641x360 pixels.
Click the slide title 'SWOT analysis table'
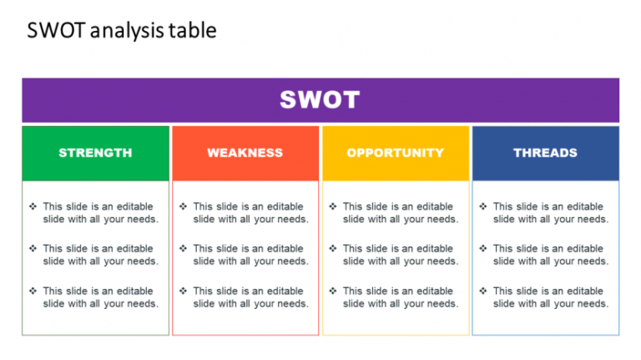[x=122, y=31]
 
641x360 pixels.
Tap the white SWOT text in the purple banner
[x=320, y=100]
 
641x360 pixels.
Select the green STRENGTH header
[x=95, y=153]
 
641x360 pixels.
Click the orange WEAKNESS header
[x=245, y=153]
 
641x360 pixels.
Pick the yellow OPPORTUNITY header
[x=396, y=153]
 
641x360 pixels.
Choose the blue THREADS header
[x=545, y=153]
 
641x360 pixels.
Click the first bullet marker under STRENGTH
[x=33, y=206]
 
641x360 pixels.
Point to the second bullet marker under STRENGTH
[x=33, y=248]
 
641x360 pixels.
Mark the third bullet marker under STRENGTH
[x=33, y=291]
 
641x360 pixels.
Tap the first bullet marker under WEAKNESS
[x=183, y=206]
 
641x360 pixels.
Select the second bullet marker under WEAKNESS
[x=183, y=248]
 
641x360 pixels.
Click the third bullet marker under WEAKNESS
[x=183, y=291]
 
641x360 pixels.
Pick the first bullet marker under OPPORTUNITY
[x=333, y=206]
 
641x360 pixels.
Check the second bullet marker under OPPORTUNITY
[x=333, y=248]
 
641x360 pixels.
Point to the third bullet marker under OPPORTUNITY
[x=333, y=291]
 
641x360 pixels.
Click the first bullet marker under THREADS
[x=482, y=206]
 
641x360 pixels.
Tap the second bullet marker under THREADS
[x=482, y=248]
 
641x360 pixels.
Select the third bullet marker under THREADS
[x=482, y=291]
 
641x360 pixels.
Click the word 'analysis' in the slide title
[x=124, y=32]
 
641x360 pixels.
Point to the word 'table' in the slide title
[x=194, y=31]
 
